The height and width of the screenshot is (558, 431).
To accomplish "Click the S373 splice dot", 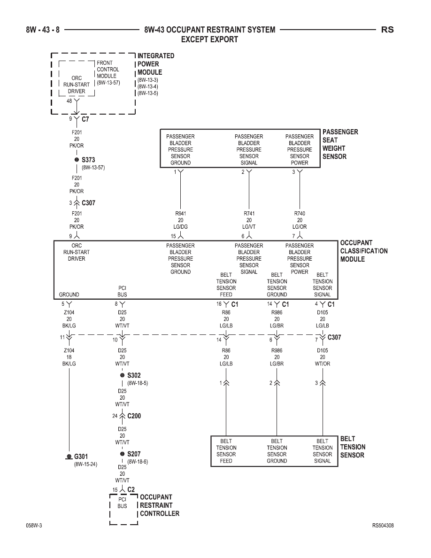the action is tap(77, 160).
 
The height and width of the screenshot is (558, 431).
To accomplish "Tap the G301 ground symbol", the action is tap(69, 456).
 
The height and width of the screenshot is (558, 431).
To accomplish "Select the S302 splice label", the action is tap(134, 375).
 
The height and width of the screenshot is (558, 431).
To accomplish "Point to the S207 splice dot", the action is tap(123, 454).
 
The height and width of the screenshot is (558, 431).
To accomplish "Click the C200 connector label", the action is tap(134, 416).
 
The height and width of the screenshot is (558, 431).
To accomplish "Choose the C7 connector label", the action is tap(85, 119).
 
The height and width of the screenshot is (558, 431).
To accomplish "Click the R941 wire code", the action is tap(181, 214).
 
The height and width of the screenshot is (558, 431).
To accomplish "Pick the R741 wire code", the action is tap(249, 214).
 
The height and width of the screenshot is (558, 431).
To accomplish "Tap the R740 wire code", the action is tap(300, 214).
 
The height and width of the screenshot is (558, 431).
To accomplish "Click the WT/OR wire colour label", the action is tap(323, 364).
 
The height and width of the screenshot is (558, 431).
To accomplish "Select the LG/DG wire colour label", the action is tap(181, 227).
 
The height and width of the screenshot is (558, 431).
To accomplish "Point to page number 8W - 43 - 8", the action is tap(43, 30).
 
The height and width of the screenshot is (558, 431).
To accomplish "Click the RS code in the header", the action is tap(387, 30).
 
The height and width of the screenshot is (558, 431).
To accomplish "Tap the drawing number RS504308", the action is tap(383, 526).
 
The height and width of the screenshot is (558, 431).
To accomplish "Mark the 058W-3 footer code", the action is tap(34, 526).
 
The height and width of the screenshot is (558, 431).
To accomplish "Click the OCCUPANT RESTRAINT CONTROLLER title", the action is tap(159, 505).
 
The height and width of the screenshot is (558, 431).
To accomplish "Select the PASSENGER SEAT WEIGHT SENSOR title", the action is tap(340, 144).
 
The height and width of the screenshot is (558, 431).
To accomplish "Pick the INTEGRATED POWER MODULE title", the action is tap(156, 64).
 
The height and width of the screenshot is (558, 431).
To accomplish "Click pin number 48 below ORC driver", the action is tap(69, 101).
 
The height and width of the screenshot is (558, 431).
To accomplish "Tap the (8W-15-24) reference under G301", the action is tap(85, 465).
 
